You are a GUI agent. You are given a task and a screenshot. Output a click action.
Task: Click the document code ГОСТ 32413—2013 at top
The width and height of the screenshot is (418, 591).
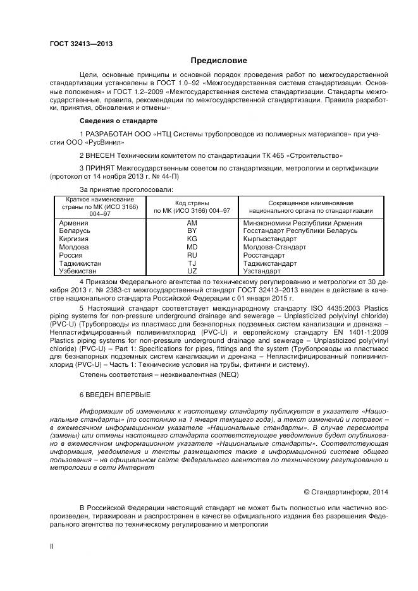[x=77, y=44]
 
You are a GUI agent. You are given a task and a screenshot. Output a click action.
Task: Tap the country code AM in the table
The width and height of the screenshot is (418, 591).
[x=192, y=223]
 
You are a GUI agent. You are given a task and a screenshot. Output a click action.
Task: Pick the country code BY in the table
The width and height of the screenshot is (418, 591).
[x=192, y=231]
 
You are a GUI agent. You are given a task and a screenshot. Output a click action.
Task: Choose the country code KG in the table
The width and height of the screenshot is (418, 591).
[x=192, y=239]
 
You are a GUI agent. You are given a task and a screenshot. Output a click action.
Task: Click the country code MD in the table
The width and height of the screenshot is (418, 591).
[x=192, y=247]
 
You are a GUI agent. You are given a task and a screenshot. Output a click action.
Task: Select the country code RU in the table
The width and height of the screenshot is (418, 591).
[x=192, y=255]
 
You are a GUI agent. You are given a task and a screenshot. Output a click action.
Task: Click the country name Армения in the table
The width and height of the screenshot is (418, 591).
[x=73, y=223]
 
